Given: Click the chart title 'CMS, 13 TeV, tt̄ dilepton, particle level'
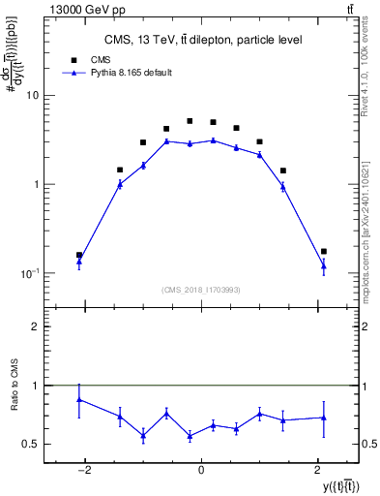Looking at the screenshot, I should pos(203,40).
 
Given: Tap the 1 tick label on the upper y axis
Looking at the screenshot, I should pos(36,184).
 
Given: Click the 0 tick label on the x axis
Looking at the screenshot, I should pos(201,470).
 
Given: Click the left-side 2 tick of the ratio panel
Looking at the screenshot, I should pos(36,327).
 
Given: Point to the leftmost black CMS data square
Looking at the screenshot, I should pos(79,255).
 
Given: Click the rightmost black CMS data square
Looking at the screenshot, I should pos(324,251).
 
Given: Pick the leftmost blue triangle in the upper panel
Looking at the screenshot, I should pos(79,262).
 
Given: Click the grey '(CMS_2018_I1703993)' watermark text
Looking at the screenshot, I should pos(200,289).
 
